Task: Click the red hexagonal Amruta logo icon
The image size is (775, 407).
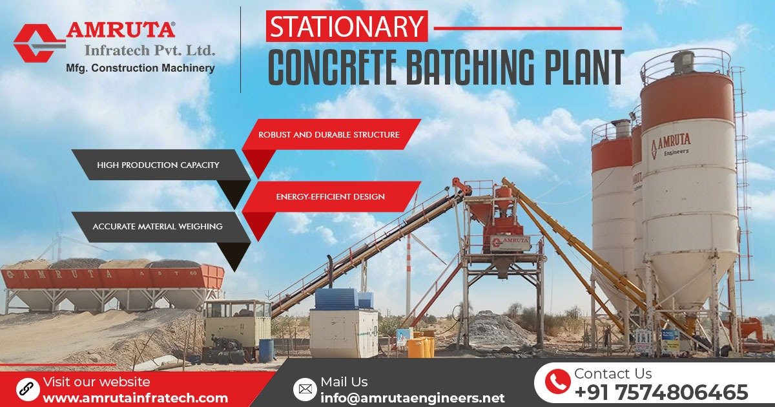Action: coord(39,43)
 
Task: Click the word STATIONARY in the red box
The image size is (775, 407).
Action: coord(346,27)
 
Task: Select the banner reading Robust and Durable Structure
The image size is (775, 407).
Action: coord(329,135)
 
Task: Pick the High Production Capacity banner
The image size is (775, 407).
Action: coord(158,165)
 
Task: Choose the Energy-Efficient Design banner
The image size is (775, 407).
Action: coord(330,196)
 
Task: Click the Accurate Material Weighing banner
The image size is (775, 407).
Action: coord(158,227)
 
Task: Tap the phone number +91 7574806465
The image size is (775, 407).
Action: coord(661,392)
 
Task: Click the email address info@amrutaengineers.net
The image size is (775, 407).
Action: coord(412,397)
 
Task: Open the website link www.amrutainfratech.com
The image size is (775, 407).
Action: coord(135,398)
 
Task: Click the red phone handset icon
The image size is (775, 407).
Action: coord(557,382)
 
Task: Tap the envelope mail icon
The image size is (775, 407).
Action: coord(304,389)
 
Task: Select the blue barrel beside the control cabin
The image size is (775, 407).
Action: coord(266,350)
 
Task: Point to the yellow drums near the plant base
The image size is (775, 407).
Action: coord(420,345)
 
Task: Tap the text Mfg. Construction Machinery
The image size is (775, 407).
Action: coord(140,68)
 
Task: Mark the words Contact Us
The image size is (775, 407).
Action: coord(612,373)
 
